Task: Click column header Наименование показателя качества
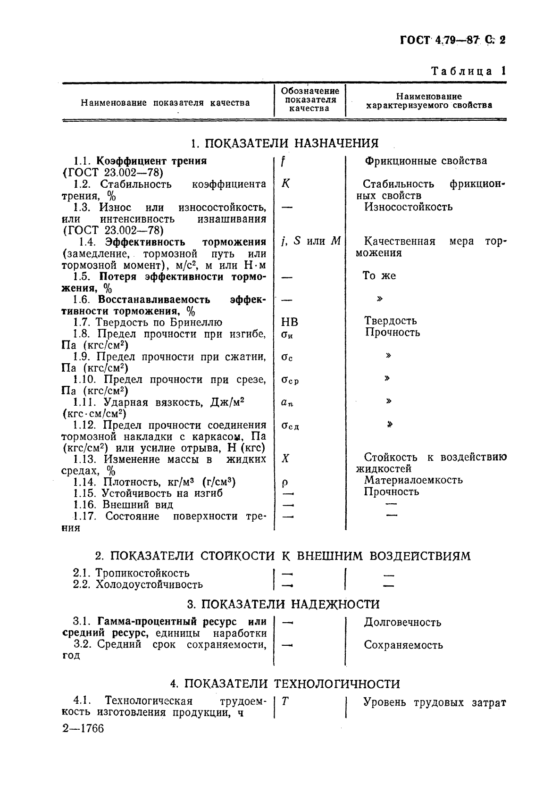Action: pyautogui.click(x=165, y=102)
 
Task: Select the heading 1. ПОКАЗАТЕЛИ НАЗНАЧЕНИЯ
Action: pyautogui.click(x=284, y=142)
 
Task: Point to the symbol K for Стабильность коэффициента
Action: pyautogui.click(x=285, y=183)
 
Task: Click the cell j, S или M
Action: pyautogui.click(x=310, y=242)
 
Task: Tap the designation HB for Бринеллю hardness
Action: pyautogui.click(x=289, y=322)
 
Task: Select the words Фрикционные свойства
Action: pyautogui.click(x=426, y=161)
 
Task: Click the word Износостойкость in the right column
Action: pyautogui.click(x=408, y=207)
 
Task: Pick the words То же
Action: pyautogui.click(x=379, y=276)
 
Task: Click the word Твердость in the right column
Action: pyautogui.click(x=390, y=321)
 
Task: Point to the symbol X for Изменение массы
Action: pyautogui.click(x=285, y=458)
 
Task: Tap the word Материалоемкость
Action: pyautogui.click(x=413, y=480)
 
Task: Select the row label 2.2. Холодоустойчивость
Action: pyautogui.click(x=138, y=584)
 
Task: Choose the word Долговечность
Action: pyautogui.click(x=402, y=623)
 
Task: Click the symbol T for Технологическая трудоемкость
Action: pyautogui.click(x=285, y=701)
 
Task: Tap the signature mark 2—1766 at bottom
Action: pyautogui.click(x=83, y=728)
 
